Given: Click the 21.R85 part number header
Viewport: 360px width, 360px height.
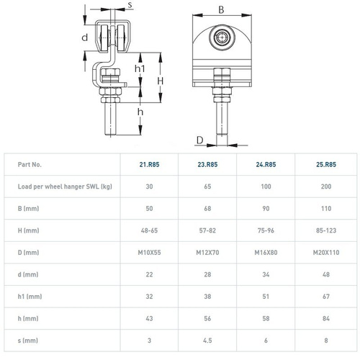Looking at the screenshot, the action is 149,164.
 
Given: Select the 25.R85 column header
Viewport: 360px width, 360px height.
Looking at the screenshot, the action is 326,164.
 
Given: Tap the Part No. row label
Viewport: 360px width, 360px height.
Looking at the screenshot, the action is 30,164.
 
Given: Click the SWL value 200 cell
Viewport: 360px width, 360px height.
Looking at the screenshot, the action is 326,186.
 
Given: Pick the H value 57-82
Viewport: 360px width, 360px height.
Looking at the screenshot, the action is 207,230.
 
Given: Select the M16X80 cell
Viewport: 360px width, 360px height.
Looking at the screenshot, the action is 266,253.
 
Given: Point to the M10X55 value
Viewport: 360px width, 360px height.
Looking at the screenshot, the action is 149,253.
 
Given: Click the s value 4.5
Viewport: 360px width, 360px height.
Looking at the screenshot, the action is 207,341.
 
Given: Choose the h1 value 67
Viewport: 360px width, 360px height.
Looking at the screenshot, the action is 326,297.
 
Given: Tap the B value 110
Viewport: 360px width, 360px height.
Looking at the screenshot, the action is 326,209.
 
